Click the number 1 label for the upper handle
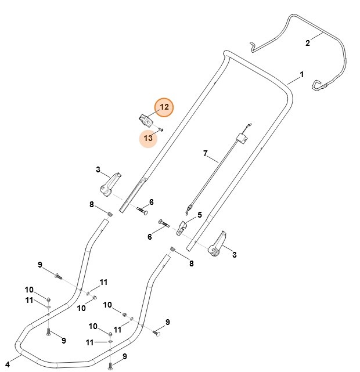tap(302, 75)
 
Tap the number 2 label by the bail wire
tap(308, 42)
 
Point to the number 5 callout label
tap(200, 215)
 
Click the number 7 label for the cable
tap(205, 153)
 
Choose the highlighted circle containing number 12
tap(164, 107)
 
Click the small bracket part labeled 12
tap(144, 120)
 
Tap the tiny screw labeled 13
tap(161, 129)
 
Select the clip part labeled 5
tap(181, 227)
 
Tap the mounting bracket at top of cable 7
tap(242, 139)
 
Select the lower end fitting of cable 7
tap(188, 207)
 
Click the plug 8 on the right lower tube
tap(173, 250)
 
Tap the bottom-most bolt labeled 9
tap(110, 366)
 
